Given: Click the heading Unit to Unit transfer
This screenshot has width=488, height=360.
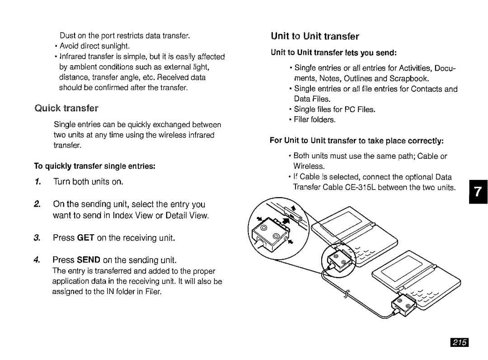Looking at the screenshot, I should point(315,36).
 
